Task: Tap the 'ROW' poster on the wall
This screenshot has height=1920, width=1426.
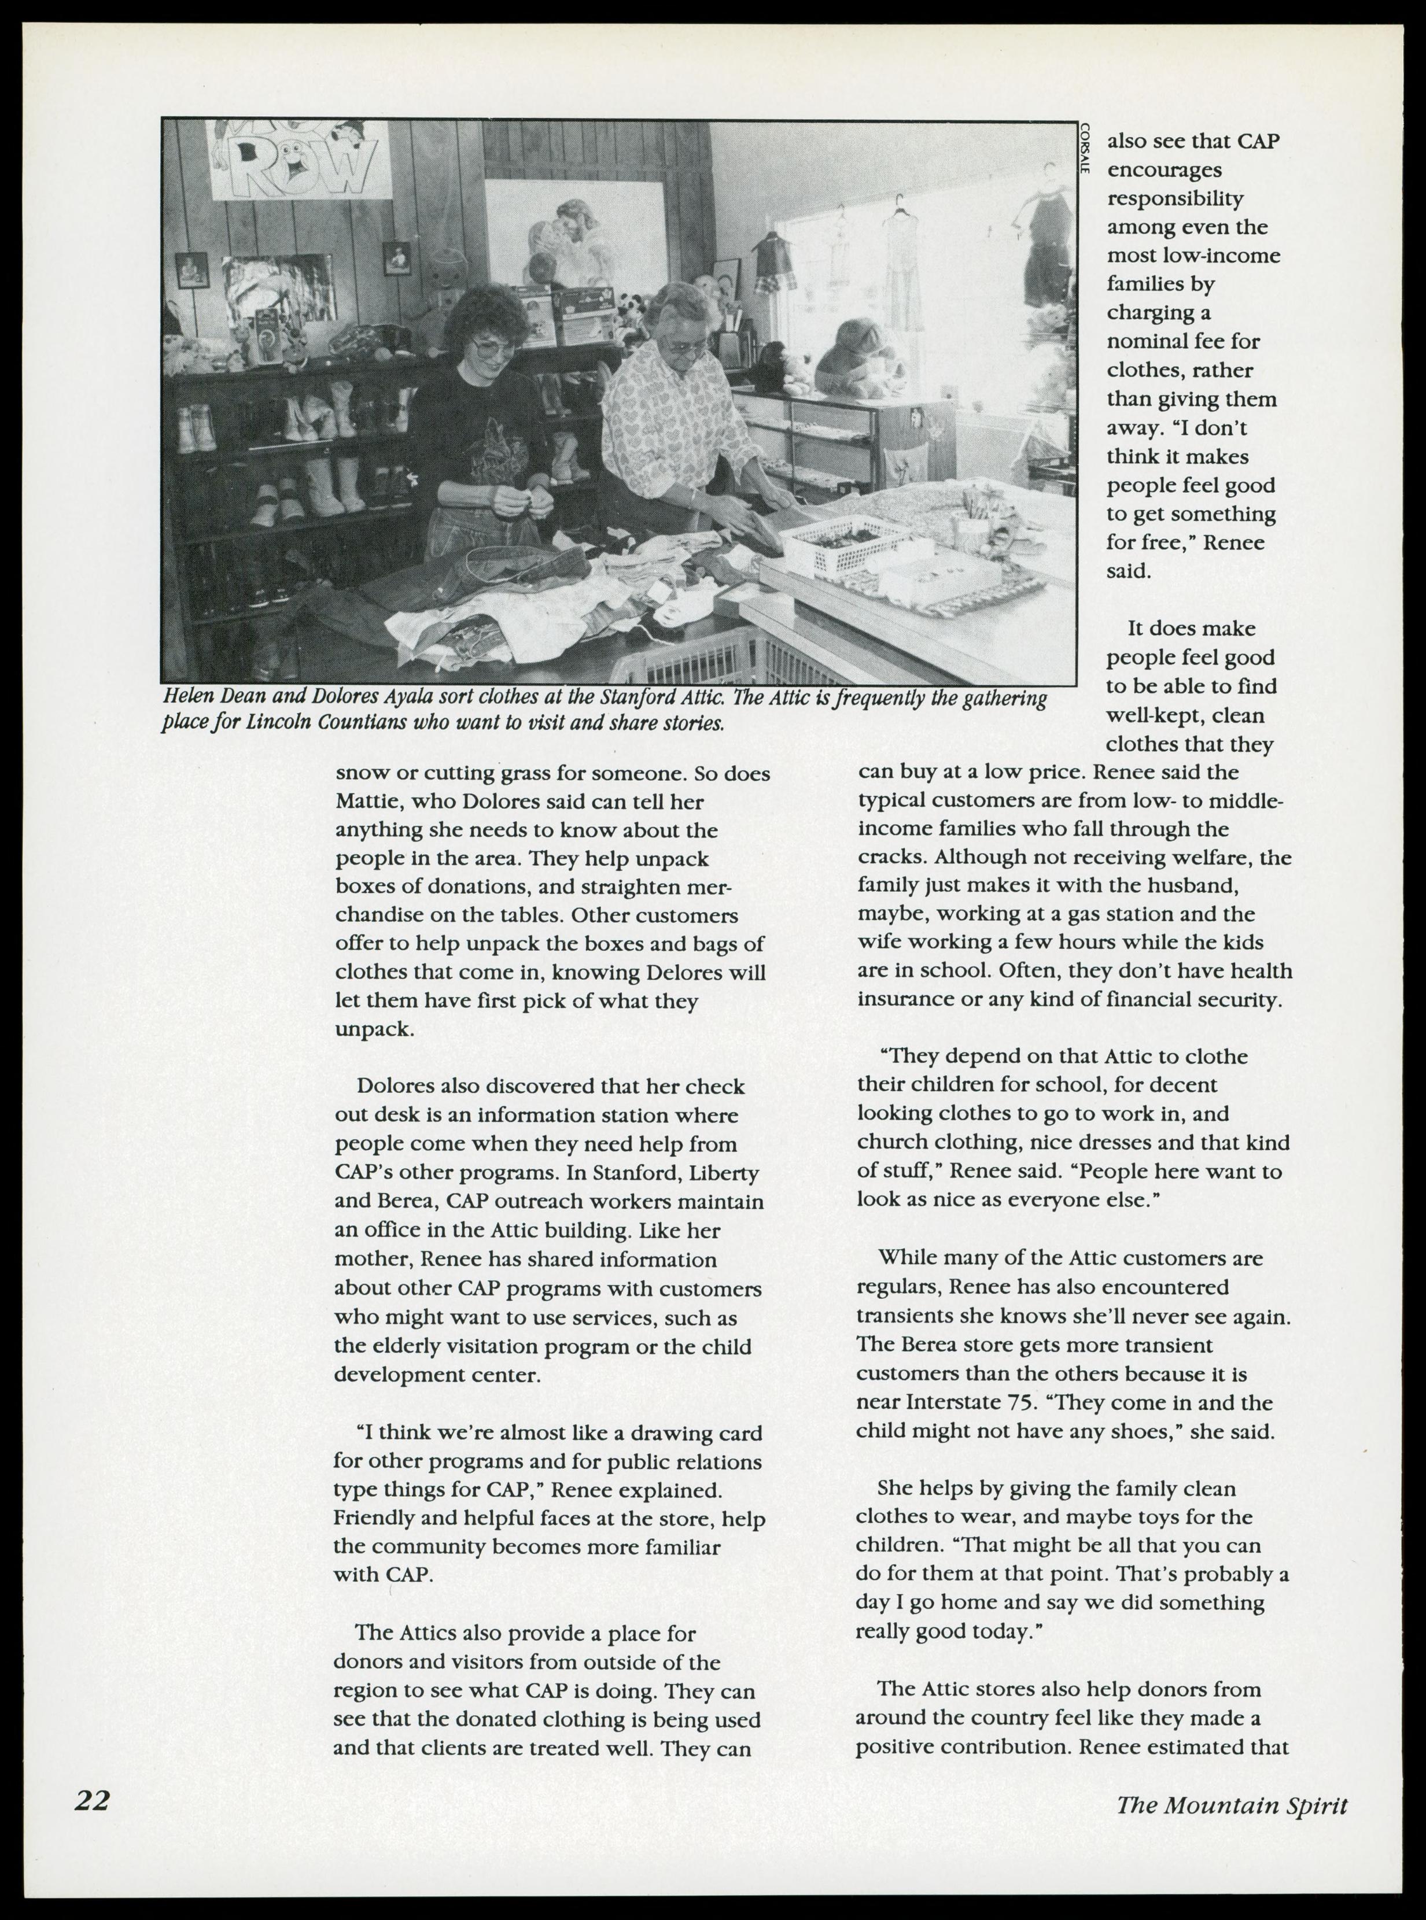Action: pyautogui.click(x=299, y=161)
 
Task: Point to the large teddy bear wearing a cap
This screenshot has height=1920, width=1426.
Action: pyautogui.click(x=857, y=356)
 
